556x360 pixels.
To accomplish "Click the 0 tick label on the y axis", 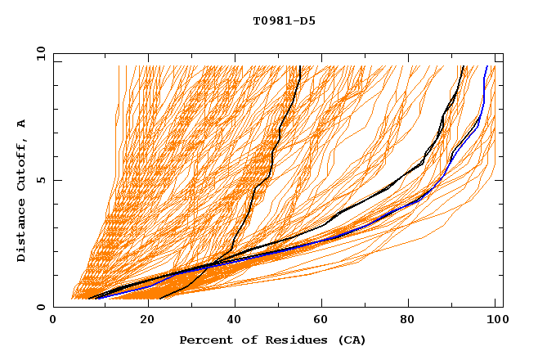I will point(40,308).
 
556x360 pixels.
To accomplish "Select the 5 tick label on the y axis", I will point(40,181).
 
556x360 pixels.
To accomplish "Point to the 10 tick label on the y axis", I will point(37,53).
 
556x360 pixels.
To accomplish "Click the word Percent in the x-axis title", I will point(202,340).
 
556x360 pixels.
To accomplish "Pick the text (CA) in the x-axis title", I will point(350,340).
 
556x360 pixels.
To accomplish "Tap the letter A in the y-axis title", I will point(21,124).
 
